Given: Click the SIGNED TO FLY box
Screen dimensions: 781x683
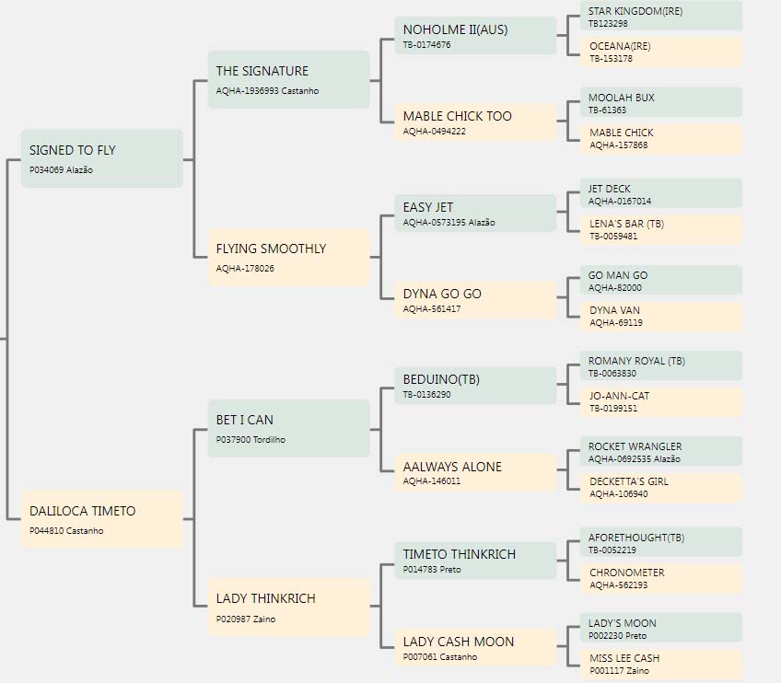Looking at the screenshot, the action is point(101,158).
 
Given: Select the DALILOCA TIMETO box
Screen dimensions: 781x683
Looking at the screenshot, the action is point(101,519).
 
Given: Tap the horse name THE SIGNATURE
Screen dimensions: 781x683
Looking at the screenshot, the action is point(262,71).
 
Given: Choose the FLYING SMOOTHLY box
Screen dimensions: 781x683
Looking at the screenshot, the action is point(288,258).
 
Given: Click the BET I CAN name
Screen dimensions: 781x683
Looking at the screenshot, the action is point(245,420).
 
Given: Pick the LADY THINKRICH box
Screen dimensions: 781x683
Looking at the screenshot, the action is point(288,607).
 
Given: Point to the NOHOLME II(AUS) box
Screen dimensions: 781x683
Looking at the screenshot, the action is point(475,35).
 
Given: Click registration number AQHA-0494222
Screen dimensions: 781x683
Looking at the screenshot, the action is point(435,132).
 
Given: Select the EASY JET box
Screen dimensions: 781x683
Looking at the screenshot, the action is point(475,213).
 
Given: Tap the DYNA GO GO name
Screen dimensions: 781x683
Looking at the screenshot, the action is point(442,295).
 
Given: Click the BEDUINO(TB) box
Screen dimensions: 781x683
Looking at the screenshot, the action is point(475,386).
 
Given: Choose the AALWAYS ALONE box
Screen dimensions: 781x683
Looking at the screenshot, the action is point(475,472).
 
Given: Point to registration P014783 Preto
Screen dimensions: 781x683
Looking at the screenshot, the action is point(432,570).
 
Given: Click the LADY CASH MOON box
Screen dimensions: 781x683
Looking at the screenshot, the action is point(475,647).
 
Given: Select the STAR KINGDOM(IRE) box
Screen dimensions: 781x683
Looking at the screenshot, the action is point(661,16).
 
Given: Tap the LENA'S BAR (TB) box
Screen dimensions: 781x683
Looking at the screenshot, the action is point(661,229).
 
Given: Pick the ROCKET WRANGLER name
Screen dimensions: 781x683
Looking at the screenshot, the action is point(635,446).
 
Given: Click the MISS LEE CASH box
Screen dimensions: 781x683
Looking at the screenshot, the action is point(661,664).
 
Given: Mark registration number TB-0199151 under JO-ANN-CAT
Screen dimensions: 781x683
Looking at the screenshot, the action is point(613,408).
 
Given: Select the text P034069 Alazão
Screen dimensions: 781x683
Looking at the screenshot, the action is point(61,169).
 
